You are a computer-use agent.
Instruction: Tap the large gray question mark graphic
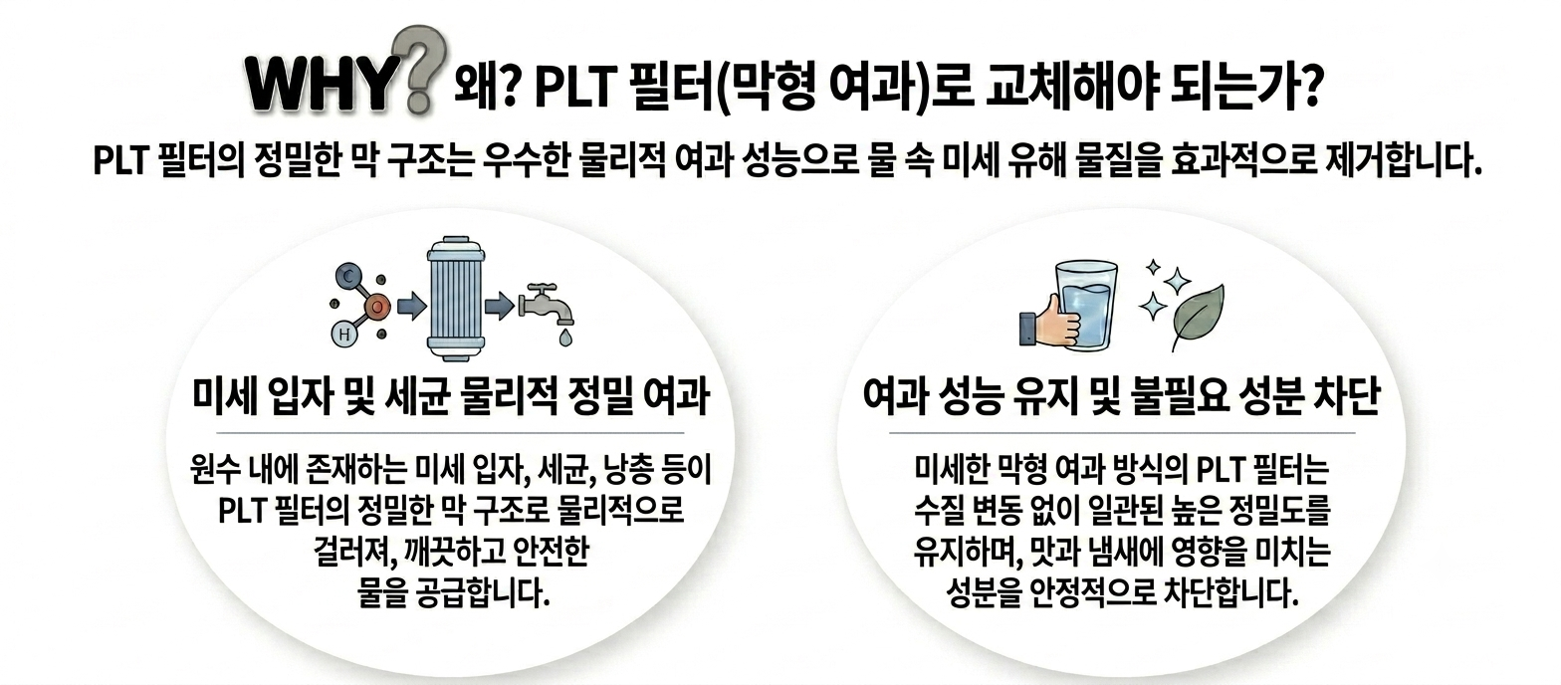418,69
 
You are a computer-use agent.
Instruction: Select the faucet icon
547,307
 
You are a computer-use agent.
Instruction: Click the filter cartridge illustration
456,299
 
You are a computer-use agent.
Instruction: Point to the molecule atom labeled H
343,335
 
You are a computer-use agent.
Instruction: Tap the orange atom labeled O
377,306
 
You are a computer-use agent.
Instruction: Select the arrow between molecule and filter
412,306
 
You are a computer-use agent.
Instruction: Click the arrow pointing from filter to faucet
500,306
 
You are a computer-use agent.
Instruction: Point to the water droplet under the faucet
565,338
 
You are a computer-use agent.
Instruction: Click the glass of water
1086,305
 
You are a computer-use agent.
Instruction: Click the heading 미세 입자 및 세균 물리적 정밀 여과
451,397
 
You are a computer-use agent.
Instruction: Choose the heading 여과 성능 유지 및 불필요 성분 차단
1121,397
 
